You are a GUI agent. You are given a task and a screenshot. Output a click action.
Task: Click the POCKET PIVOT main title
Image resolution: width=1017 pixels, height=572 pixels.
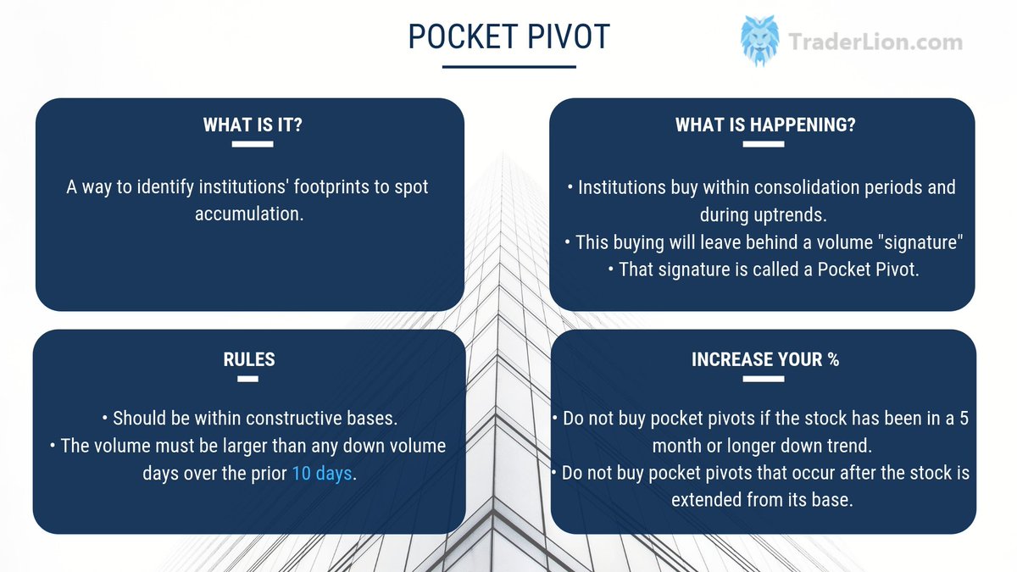click(508, 36)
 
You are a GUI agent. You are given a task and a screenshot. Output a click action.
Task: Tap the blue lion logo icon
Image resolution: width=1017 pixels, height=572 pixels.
click(759, 41)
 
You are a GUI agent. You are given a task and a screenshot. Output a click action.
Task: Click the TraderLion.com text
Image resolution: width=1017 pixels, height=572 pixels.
click(875, 42)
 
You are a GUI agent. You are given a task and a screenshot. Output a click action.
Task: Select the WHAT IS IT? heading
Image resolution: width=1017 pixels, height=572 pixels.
click(253, 125)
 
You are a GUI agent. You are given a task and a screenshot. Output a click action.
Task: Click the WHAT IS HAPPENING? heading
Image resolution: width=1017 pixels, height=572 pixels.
click(764, 125)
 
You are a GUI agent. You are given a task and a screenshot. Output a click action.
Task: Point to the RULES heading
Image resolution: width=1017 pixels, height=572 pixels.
click(248, 359)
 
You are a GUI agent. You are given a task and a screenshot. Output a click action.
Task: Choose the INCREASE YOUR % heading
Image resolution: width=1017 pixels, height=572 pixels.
click(764, 359)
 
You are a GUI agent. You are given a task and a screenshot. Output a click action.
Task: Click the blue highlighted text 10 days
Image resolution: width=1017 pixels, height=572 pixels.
click(321, 473)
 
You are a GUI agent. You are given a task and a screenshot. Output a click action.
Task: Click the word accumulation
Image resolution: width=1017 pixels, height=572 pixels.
click(247, 214)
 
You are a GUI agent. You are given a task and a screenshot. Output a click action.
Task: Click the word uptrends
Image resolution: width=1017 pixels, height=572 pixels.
click(793, 214)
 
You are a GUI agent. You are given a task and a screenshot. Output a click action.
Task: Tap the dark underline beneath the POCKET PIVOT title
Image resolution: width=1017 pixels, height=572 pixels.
click(508, 67)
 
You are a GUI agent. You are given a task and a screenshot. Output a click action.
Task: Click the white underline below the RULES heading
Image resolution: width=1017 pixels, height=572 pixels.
click(248, 379)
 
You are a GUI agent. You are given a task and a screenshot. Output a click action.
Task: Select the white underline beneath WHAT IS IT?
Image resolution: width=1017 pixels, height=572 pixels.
click(253, 145)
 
